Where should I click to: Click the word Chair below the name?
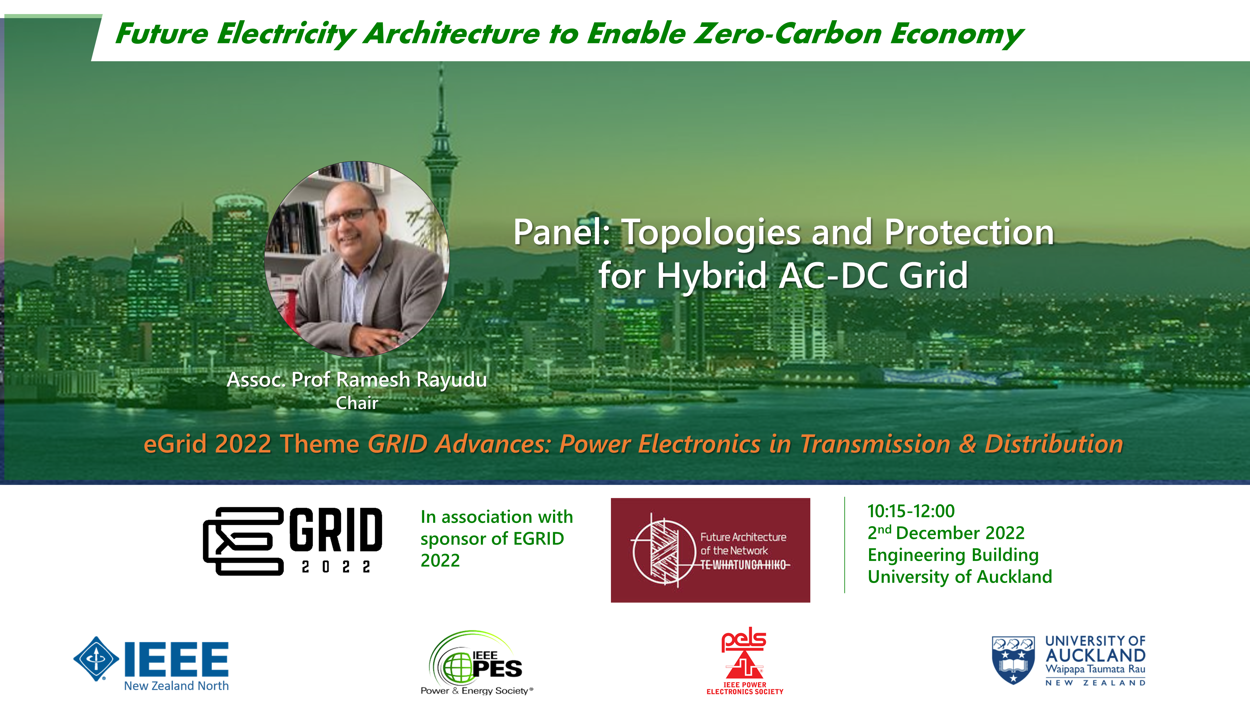357,403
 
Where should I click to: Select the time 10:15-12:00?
911,511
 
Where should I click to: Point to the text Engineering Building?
953,555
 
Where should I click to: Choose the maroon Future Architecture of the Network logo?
710,550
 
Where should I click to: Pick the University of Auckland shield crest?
1013,660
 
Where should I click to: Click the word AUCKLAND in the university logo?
1095,656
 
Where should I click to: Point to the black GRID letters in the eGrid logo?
336,530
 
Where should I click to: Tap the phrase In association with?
497,517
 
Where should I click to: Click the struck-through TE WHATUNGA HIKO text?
745,565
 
